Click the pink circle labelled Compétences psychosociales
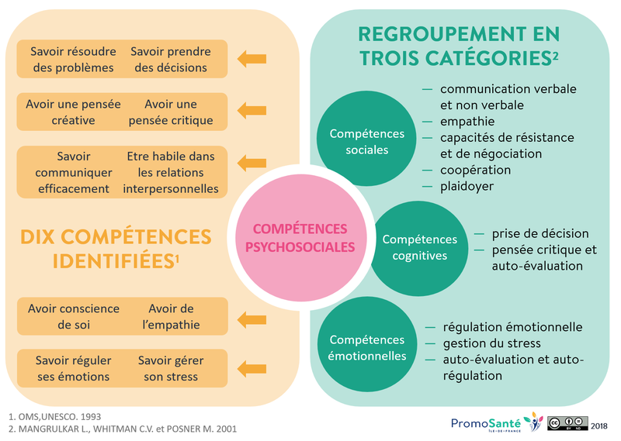point(300,237)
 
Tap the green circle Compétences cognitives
point(419,247)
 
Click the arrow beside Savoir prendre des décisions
point(251,59)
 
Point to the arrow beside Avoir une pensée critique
point(251,112)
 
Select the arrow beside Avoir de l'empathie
point(251,316)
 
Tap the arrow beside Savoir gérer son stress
point(251,368)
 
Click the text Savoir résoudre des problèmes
point(73,59)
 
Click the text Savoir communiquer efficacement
point(73,172)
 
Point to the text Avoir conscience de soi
point(74,316)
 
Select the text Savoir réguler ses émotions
point(73,368)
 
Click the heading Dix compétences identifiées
point(115,247)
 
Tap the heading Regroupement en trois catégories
point(458,46)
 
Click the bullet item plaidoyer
point(467,186)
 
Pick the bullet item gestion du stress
point(491,343)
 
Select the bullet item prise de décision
point(539,233)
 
